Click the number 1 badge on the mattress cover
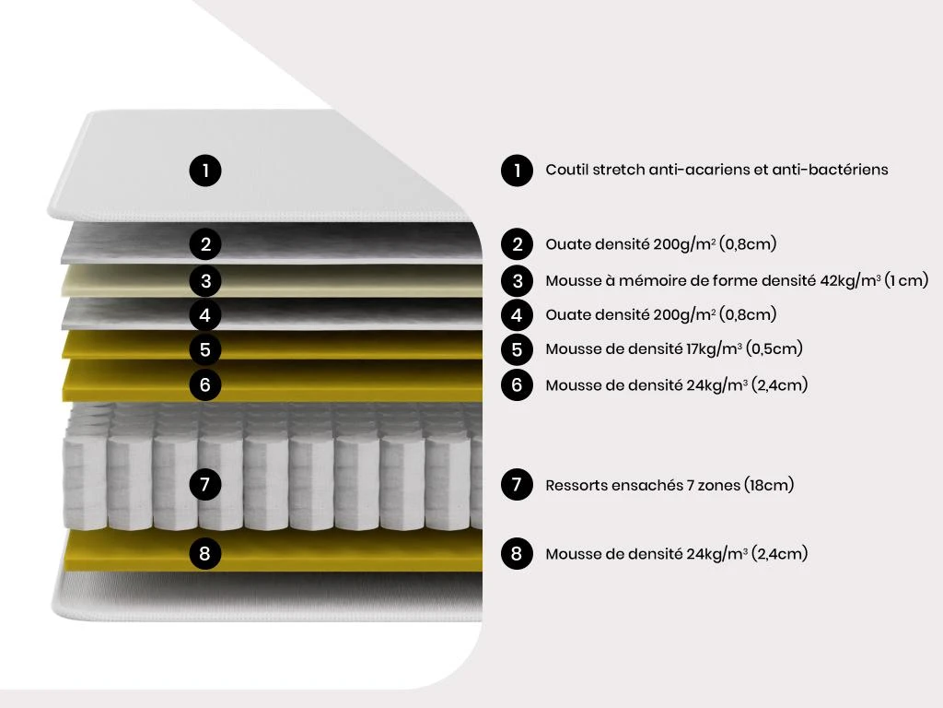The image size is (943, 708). pyautogui.click(x=205, y=171)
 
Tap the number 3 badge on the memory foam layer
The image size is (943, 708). pyautogui.click(x=205, y=280)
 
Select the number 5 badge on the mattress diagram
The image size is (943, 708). pyautogui.click(x=205, y=349)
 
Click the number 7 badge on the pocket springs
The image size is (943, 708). pyautogui.click(x=205, y=484)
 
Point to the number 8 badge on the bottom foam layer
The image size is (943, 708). pyautogui.click(x=205, y=553)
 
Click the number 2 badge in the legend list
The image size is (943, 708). pyautogui.click(x=517, y=244)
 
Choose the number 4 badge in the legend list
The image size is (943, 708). pyautogui.click(x=517, y=315)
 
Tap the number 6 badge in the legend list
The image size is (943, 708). pyautogui.click(x=517, y=384)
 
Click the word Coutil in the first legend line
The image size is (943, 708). pyautogui.click(x=566, y=170)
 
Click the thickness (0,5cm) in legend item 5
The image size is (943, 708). pyautogui.click(x=774, y=348)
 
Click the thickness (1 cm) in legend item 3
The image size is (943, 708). pyautogui.click(x=907, y=280)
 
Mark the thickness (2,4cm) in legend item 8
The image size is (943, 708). pyautogui.click(x=779, y=553)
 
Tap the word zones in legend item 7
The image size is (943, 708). pyautogui.click(x=718, y=485)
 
